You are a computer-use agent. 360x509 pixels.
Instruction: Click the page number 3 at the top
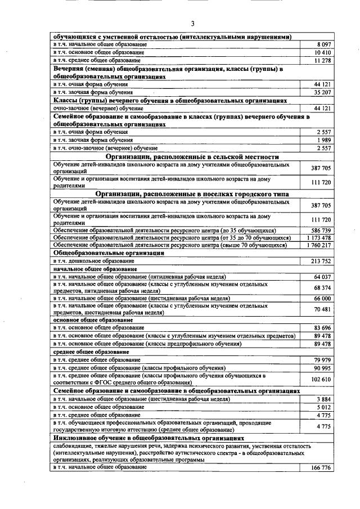[x=192, y=23]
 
